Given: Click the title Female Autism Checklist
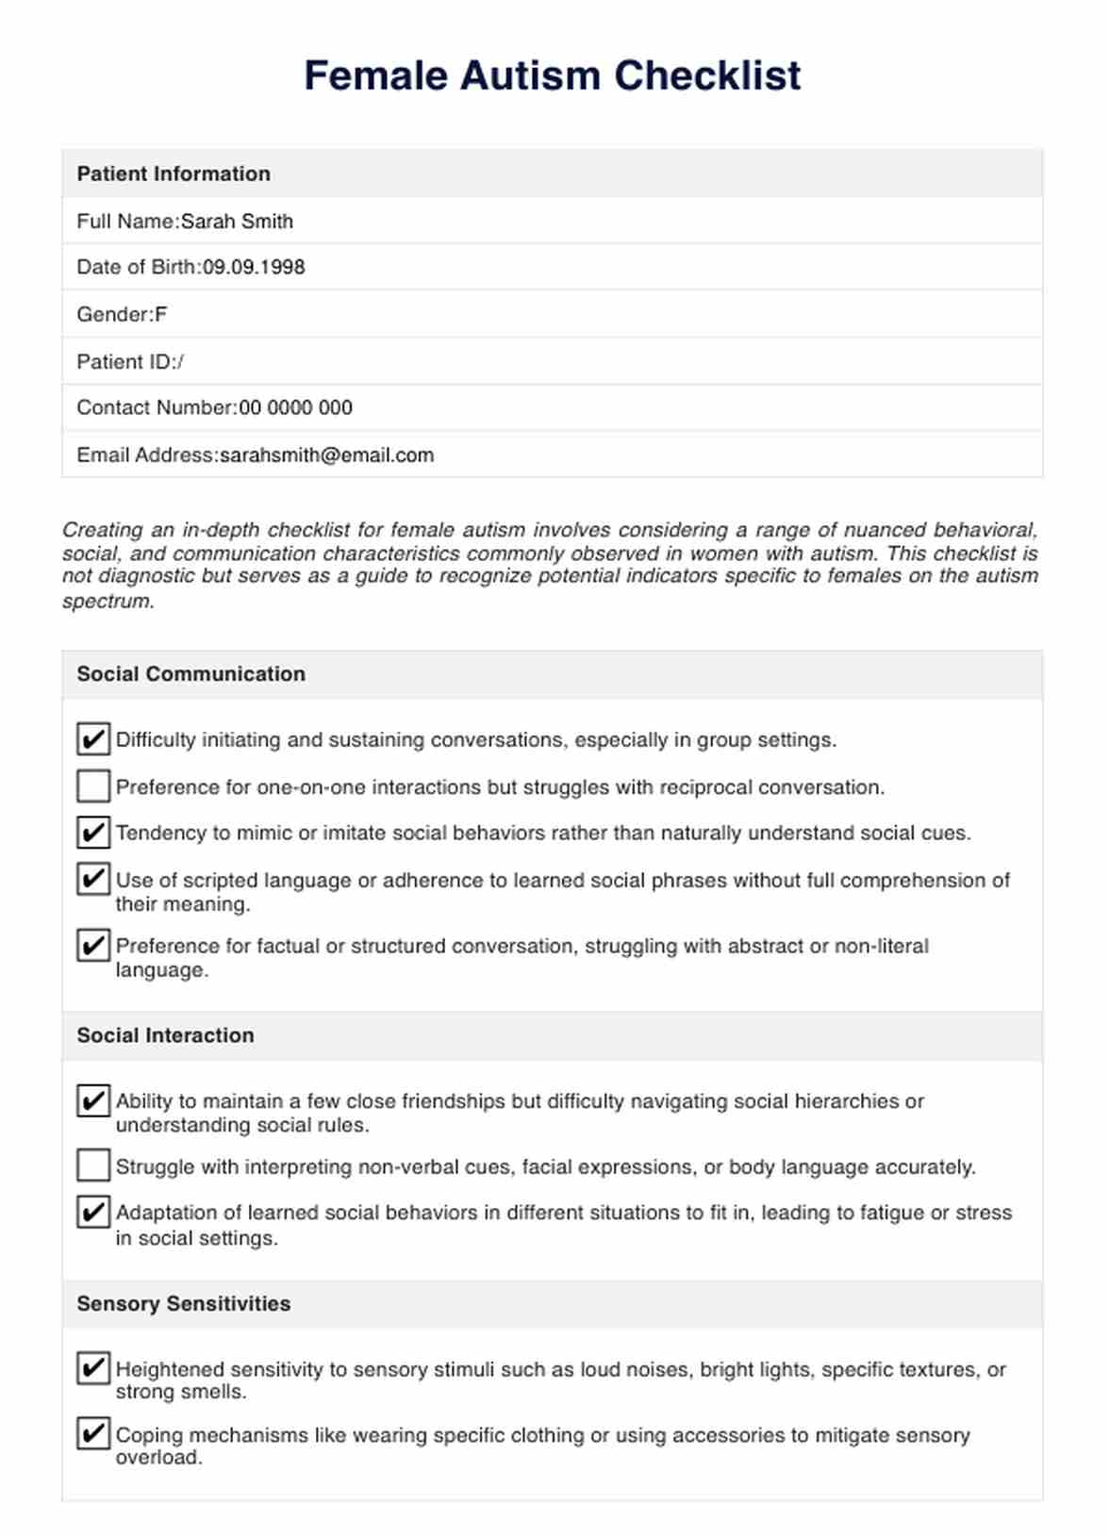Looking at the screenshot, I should [x=553, y=75].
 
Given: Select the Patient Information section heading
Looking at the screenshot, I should [x=174, y=174].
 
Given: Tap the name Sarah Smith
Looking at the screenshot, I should [x=237, y=222].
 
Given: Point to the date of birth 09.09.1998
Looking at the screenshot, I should [x=254, y=267].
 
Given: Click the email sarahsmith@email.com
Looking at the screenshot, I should [x=326, y=455].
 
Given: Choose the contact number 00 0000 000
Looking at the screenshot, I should [x=296, y=408].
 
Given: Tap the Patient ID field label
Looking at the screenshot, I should [x=125, y=362].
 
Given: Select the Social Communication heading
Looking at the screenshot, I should [x=191, y=674].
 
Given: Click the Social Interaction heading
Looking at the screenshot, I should [x=165, y=1035].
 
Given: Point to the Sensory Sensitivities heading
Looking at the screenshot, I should [x=184, y=1304].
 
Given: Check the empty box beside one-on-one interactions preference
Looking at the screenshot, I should [x=93, y=785].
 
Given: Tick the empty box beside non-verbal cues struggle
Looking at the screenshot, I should [x=93, y=1165].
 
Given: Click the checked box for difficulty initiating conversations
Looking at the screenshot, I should [x=93, y=739].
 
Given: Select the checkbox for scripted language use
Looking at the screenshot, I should [x=93, y=879].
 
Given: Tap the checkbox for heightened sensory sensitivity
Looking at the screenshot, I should [x=93, y=1368].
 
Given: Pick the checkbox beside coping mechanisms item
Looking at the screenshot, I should [x=93, y=1434].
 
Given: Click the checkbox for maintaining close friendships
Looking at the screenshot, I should [x=93, y=1100].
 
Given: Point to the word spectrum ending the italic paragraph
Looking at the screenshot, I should [x=107, y=602].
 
